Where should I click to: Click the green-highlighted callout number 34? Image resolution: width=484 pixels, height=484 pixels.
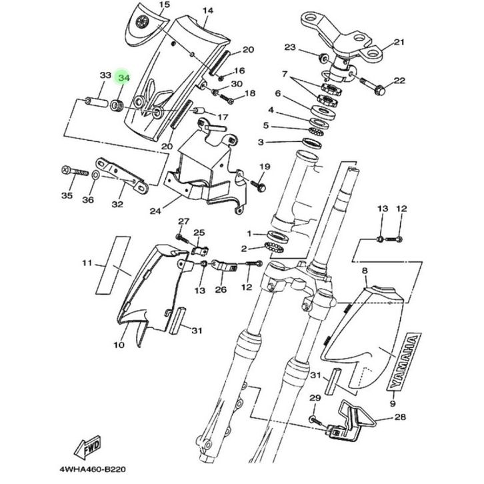click(123, 78)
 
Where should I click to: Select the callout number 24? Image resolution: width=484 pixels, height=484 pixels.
click(155, 211)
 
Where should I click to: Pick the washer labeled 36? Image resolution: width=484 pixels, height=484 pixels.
click(95, 175)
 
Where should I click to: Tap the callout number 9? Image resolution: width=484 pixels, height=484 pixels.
click(392, 403)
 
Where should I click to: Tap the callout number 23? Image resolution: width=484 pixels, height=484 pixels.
click(289, 47)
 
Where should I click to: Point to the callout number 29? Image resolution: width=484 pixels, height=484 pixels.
click(315, 399)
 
